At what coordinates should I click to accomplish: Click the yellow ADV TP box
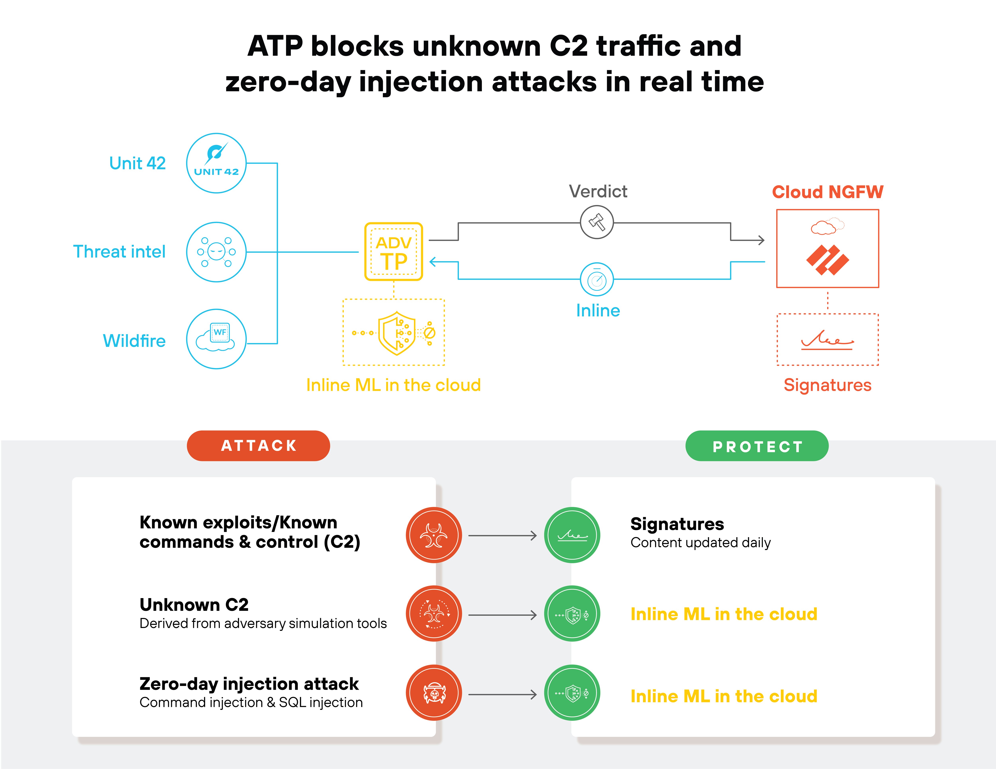pyautogui.click(x=394, y=251)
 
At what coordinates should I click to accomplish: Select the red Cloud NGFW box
pyautogui.click(x=827, y=249)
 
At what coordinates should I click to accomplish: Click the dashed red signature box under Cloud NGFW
pyautogui.click(x=827, y=339)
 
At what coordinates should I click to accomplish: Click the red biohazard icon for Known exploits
pyautogui.click(x=434, y=535)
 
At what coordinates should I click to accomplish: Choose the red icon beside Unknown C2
pyautogui.click(x=434, y=614)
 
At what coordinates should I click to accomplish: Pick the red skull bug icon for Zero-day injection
pyautogui.click(x=434, y=693)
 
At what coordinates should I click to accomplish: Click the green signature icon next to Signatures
pyautogui.click(x=572, y=535)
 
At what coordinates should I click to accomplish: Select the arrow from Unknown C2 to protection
pyautogui.click(x=503, y=615)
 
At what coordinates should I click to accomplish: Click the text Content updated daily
pyautogui.click(x=700, y=543)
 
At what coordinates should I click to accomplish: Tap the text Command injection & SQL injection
pyautogui.click(x=251, y=702)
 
